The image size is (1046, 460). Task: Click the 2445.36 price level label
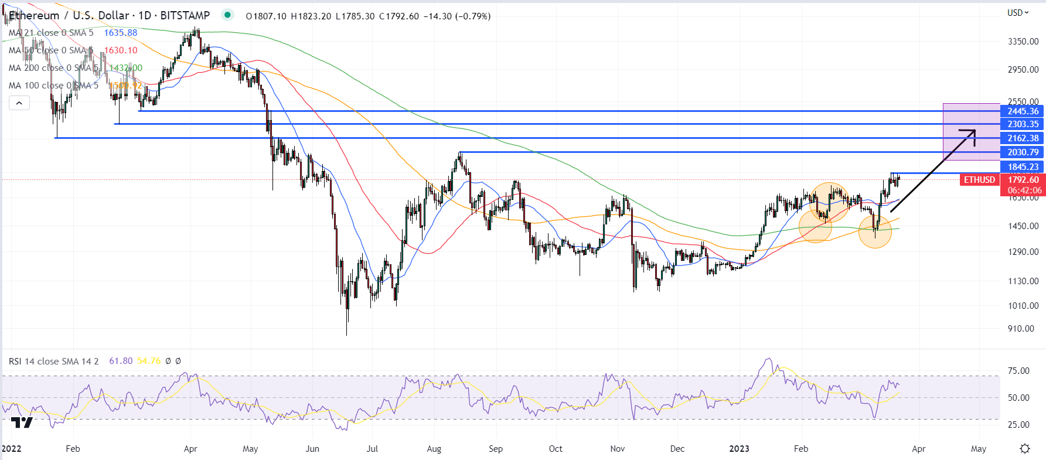(1023, 111)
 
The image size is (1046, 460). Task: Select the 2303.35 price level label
(1023, 124)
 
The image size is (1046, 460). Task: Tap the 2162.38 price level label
(1023, 138)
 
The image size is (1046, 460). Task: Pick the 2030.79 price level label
(1023, 152)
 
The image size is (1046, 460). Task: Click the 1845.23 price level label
(1023, 167)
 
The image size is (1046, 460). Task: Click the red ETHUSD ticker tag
(979, 180)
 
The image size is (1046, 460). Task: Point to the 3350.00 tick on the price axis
(1023, 42)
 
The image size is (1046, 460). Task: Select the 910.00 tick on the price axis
(1021, 329)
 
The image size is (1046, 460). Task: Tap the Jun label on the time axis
(312, 449)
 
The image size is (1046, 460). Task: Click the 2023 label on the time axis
(739, 449)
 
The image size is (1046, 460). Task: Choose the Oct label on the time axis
(556, 449)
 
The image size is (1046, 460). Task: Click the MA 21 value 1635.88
(121, 33)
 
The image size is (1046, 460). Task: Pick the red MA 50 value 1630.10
(121, 50)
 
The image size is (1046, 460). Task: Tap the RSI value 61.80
(121, 361)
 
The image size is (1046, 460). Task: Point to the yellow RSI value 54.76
(149, 361)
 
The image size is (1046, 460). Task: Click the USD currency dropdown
(1018, 13)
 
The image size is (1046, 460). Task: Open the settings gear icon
(1025, 448)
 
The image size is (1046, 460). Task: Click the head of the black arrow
(975, 131)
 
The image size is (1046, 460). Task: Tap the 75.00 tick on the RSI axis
(1018, 371)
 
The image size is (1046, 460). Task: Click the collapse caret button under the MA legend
(19, 104)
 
